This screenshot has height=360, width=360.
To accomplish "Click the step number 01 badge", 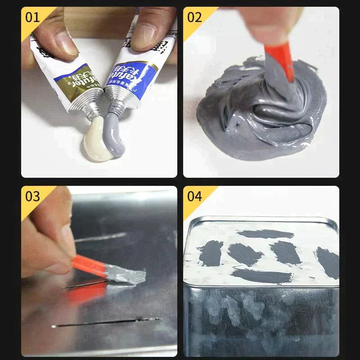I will coord(33,18).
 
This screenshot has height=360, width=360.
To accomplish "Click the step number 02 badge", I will coord(195,18).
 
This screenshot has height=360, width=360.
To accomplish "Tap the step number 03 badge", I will coord(33,197).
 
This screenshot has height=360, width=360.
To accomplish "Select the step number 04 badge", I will coord(195,197).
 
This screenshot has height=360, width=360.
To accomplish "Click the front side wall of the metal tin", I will coord(261,319).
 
